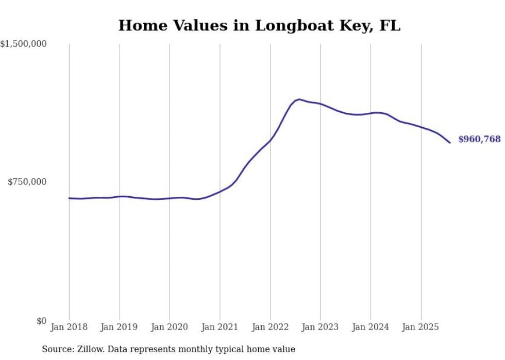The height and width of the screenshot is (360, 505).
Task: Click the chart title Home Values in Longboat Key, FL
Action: tap(259, 25)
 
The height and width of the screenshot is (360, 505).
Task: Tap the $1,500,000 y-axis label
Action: tap(23, 44)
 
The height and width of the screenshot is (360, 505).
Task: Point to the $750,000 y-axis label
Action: tap(27, 182)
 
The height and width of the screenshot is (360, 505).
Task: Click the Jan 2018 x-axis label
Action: tap(69, 327)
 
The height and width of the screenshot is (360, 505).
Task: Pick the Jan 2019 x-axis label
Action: tap(120, 327)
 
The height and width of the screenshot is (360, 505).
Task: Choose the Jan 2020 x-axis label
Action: tap(170, 327)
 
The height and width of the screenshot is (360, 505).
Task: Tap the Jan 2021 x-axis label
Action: tap(220, 327)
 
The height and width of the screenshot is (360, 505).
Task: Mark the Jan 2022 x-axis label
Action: tap(270, 327)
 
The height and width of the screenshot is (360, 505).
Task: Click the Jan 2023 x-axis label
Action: tap(320, 327)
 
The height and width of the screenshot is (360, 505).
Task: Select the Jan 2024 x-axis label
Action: tap(371, 327)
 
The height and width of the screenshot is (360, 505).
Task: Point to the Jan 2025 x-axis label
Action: tap(420, 327)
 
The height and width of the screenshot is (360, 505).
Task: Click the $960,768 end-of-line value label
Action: tap(479, 139)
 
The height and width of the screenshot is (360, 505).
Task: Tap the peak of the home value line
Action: tap(299, 99)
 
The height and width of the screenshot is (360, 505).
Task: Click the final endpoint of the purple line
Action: tap(450, 143)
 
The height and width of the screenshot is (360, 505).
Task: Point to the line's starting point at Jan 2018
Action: tap(69, 198)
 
